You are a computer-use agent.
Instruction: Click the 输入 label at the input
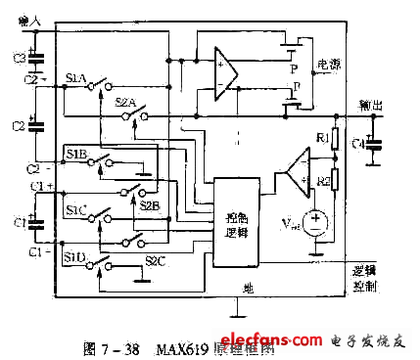(x=29, y=20)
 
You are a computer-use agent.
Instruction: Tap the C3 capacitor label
(x=18, y=59)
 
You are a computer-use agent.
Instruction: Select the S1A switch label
(x=75, y=76)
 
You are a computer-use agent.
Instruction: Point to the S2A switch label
(x=124, y=101)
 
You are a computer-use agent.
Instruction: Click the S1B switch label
(x=76, y=154)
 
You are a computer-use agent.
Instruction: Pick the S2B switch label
(x=150, y=205)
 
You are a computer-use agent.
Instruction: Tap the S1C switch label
(x=76, y=209)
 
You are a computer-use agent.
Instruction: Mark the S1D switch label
(x=75, y=256)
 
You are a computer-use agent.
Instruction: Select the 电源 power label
(x=329, y=65)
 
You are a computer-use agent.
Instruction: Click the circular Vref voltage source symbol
(x=314, y=223)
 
